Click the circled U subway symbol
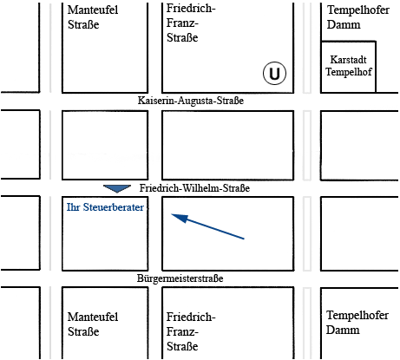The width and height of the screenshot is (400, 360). point(274,73)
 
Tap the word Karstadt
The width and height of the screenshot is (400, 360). point(348,60)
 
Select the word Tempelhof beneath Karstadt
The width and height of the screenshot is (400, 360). point(349,71)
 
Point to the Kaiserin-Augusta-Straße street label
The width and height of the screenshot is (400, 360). point(191,101)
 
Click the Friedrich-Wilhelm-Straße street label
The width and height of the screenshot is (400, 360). point(194,188)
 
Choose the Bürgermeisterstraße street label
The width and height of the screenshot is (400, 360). point(180,278)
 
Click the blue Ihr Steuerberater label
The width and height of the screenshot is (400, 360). point(105,207)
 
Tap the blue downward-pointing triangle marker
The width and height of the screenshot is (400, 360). point(117,189)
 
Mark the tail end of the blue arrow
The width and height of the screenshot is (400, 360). point(244,239)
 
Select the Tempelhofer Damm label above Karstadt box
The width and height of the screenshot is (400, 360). point(358,17)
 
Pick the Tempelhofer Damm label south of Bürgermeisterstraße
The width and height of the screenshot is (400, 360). point(357,323)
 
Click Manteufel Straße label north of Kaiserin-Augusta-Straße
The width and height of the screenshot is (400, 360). point(93,17)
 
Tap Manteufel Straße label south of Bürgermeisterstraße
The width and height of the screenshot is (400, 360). point(93,324)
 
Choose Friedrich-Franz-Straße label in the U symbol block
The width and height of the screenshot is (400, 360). point(191,23)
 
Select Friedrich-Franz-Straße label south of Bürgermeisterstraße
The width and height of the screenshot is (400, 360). point(191,331)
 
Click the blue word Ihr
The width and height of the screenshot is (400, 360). point(73,207)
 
